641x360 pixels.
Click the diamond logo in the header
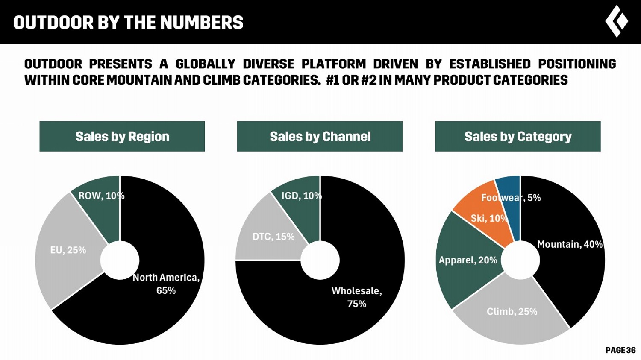click(616, 21)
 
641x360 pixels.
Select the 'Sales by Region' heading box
click(122, 136)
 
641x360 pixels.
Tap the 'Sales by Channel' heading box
click(320, 136)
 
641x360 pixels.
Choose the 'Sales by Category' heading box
click(518, 136)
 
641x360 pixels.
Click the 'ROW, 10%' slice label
click(101, 196)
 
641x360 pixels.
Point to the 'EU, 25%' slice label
click(68, 250)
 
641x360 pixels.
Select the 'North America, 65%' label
click(166, 284)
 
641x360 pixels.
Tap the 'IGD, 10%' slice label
click(301, 196)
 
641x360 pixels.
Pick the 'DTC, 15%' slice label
click(273, 237)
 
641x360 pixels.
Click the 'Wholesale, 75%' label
click(356, 297)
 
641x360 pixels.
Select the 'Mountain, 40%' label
click(570, 244)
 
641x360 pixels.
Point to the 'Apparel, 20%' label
click(468, 260)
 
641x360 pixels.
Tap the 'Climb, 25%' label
click(512, 311)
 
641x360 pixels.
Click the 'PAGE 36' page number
click(620, 350)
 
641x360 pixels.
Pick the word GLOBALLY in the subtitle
click(205, 64)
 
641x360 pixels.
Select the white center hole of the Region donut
click(120, 260)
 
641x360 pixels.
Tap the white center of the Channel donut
click(320, 260)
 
